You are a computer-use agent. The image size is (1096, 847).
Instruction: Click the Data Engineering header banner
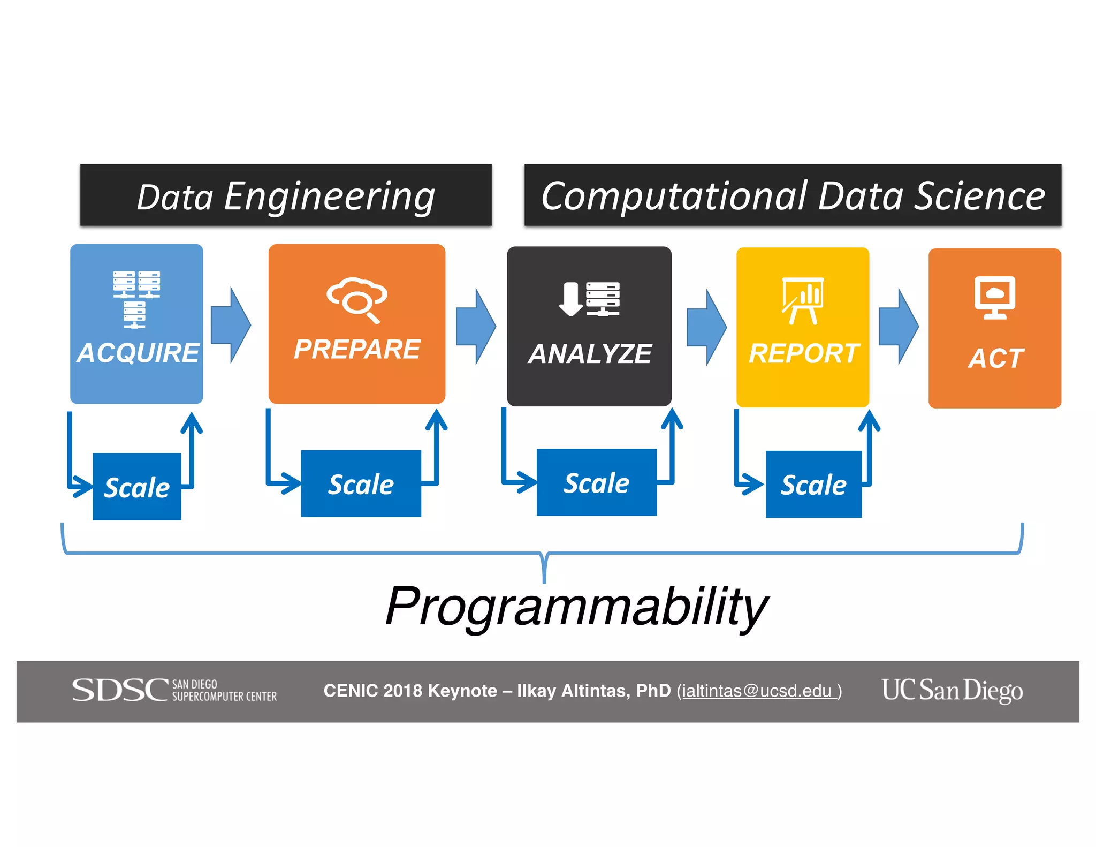286,195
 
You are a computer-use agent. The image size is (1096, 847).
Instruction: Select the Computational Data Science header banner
793,195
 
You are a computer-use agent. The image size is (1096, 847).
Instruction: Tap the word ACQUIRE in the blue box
138,353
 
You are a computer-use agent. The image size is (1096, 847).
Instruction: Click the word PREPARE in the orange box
357,349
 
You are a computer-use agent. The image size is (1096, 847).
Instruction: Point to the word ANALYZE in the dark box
590,354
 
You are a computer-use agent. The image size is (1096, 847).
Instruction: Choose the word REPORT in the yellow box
803,353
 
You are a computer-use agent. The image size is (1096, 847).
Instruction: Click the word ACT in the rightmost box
996,358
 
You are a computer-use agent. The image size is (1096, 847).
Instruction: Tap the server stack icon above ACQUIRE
136,299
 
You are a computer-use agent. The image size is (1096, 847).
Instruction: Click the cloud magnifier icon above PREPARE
357,299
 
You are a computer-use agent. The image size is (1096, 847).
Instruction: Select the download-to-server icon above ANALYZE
589,299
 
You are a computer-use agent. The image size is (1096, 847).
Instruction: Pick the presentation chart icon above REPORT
803,300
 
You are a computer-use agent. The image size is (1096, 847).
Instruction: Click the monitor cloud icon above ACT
995,298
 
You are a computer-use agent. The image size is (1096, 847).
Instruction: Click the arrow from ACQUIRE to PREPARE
231,325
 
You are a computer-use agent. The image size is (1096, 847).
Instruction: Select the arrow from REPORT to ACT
899,327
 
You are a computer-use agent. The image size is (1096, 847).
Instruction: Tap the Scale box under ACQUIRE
137,487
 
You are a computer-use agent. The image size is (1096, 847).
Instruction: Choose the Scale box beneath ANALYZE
597,482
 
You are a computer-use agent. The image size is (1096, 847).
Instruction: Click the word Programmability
577,606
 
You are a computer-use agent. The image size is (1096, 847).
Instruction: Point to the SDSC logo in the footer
174,690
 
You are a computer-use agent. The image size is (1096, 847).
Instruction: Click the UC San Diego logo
952,690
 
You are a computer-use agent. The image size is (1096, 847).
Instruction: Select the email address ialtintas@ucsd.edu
757,691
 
